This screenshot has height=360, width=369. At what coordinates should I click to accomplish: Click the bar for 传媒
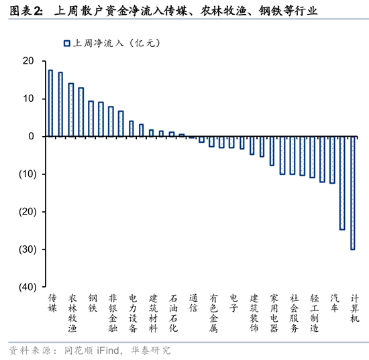coord(50,103)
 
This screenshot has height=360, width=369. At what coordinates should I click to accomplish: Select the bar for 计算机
coord(353,193)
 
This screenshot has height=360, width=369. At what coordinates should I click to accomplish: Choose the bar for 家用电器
coord(272,151)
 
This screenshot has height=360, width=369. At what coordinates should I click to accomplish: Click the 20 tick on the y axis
coord(29,61)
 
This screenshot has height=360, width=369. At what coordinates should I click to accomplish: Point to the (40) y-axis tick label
coord(26,287)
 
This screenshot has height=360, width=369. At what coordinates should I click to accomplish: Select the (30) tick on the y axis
coord(26,249)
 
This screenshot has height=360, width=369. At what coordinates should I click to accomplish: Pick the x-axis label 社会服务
coord(294,313)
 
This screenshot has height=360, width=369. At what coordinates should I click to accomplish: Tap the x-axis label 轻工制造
coord(314,313)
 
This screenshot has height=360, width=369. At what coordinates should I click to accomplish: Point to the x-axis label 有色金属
coord(213,313)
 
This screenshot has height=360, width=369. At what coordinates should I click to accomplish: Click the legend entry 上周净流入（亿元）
coord(115,44)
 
